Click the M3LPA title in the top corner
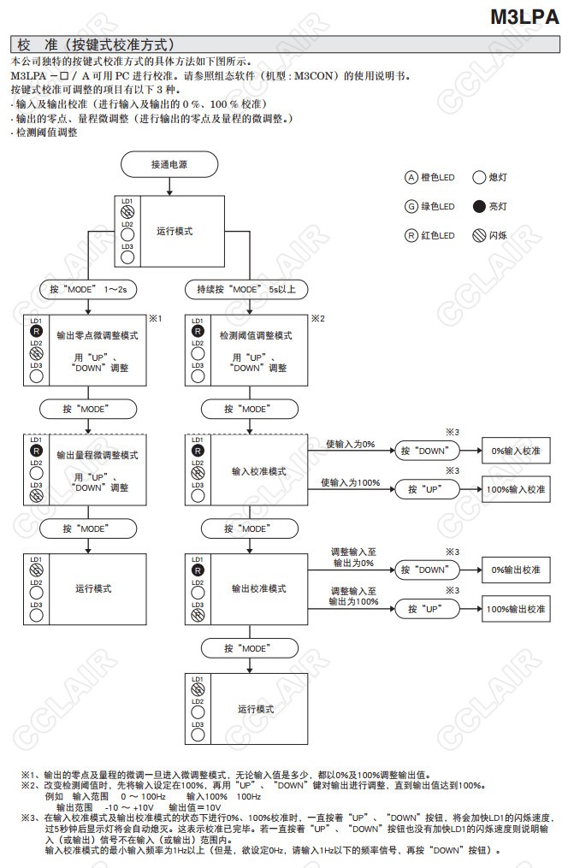point(524,16)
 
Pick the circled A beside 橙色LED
point(411,177)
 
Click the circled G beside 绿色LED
point(411,206)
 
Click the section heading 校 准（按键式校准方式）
point(95,44)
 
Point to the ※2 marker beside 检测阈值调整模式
point(317,318)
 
